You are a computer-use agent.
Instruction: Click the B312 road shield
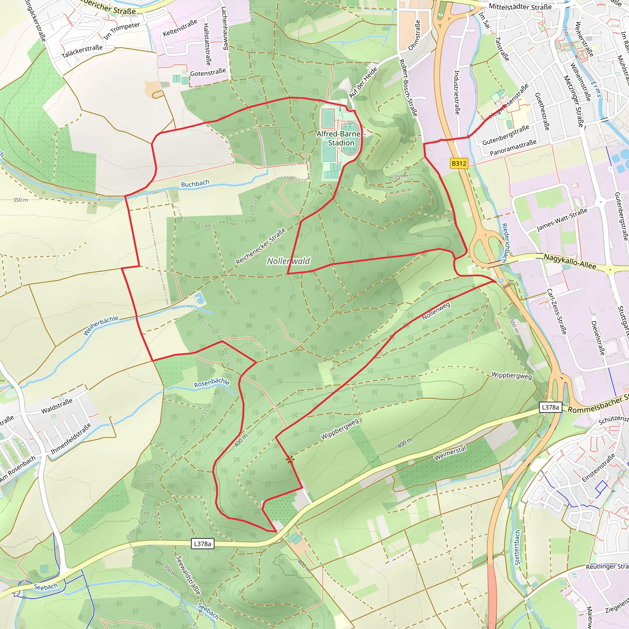coord(459,163)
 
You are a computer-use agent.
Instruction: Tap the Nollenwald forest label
coord(288,261)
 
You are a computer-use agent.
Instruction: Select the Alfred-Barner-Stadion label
coord(341,139)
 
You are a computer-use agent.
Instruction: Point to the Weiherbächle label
coord(101,325)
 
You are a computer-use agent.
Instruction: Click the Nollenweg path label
coord(436,311)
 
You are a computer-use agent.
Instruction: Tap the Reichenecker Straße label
coord(260,246)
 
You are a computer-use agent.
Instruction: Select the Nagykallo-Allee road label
coord(570,261)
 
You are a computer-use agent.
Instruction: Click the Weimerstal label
coord(450,453)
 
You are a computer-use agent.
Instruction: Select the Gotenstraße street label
coord(208,72)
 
